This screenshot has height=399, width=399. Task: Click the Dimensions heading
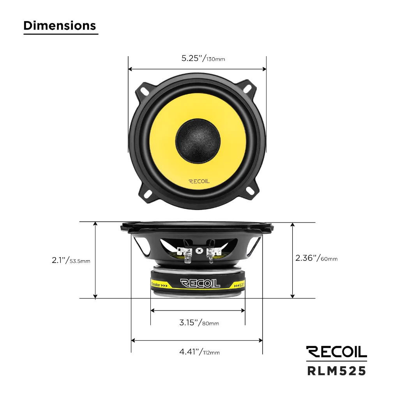60,25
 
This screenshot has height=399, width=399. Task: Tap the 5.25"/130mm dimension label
203,58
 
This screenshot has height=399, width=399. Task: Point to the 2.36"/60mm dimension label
316,258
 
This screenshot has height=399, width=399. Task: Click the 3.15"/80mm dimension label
199,323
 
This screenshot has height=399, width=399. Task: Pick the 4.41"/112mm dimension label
199,352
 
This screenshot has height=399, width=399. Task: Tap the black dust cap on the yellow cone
198,139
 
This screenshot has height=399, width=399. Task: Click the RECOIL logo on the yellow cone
199,181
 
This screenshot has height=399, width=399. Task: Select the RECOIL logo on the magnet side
200,283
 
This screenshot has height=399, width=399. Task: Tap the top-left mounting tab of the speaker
145,90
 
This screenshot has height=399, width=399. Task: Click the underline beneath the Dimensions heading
61,34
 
